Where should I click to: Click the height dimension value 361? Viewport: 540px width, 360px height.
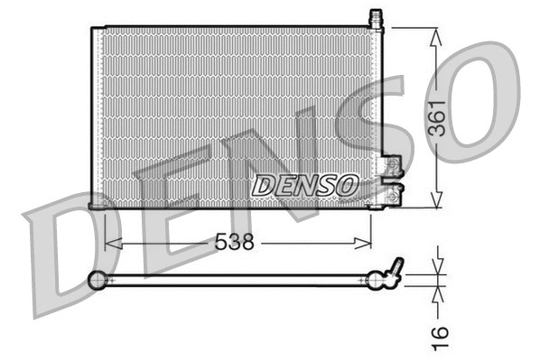click(x=437, y=116)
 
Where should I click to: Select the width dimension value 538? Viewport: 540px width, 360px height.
click(x=233, y=242)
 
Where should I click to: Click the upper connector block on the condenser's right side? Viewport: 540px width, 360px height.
click(x=391, y=165)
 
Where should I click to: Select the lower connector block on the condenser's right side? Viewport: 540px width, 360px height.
click(x=394, y=194)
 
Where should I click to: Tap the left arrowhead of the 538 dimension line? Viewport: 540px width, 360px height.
click(x=110, y=242)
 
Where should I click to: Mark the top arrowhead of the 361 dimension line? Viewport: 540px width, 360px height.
click(x=437, y=35)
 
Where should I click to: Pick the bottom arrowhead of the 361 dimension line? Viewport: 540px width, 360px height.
click(x=437, y=201)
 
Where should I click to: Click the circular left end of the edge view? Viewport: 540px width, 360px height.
click(x=97, y=281)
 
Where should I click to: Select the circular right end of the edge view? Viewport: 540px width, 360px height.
click(x=377, y=282)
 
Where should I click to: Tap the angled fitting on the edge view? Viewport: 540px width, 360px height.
click(x=395, y=268)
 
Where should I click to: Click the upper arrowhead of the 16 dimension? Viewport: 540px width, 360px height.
click(x=437, y=267)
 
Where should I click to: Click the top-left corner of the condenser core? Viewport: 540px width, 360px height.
click(x=93, y=28)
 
